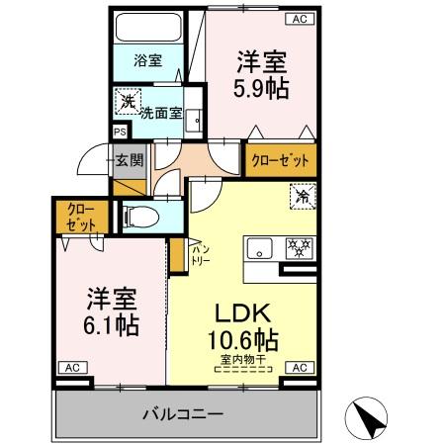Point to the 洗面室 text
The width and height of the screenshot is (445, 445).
(159, 112)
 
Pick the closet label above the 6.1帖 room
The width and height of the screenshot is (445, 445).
(75, 218)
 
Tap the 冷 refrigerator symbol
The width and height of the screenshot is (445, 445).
(303, 198)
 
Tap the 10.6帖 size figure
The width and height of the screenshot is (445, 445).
(243, 341)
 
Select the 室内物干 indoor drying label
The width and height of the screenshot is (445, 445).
(243, 365)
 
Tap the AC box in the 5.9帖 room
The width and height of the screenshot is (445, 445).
(298, 18)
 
